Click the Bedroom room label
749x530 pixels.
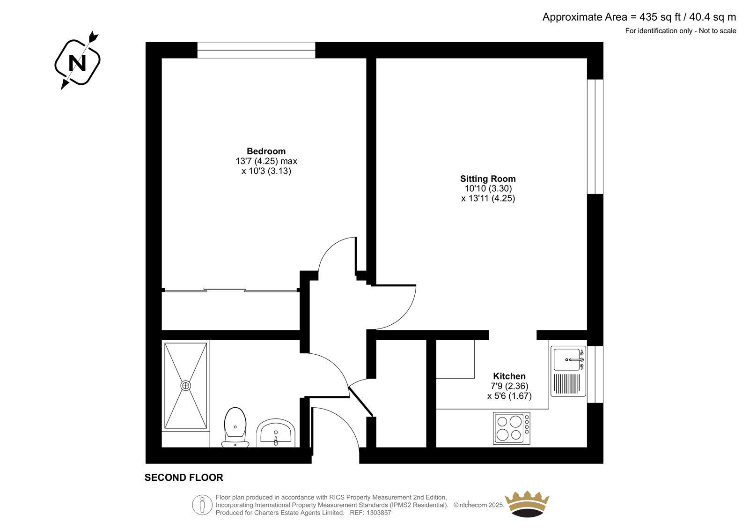[266, 151]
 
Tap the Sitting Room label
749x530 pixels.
[488, 179]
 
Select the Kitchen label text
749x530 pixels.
[509, 376]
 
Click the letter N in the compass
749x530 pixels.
[77, 62]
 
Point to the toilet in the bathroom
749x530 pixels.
[235, 427]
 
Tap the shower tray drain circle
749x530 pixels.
[185, 386]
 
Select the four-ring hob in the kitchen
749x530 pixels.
[512, 428]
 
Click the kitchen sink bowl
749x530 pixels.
[567, 359]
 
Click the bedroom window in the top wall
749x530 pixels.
[256, 50]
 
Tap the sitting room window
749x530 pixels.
[595, 137]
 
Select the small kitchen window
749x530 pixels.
[595, 374]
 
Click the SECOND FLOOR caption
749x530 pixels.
[184, 478]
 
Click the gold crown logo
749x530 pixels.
[527, 504]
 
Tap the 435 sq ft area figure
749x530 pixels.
[660, 17]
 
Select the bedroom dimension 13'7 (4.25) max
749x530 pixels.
[266, 161]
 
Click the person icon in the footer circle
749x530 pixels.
[202, 505]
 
